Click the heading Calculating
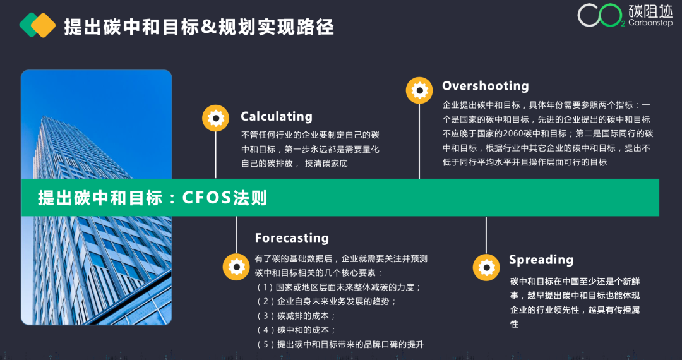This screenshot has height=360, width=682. (x=277, y=116)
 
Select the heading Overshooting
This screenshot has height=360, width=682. (x=486, y=86)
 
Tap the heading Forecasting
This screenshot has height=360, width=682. (x=292, y=238)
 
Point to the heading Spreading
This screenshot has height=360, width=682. (x=541, y=260)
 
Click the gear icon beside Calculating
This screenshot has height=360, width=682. (x=216, y=118)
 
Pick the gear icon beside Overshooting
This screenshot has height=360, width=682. (x=419, y=90)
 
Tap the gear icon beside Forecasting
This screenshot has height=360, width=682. (x=236, y=266)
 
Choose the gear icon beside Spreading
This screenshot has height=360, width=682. (x=486, y=267)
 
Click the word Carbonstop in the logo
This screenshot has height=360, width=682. (x=651, y=23)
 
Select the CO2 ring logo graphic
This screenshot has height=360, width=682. (x=602, y=16)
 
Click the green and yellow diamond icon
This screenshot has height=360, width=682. (x=37, y=25)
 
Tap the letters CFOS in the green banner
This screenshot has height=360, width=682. (x=211, y=198)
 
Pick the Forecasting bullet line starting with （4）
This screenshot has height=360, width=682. (x=297, y=330)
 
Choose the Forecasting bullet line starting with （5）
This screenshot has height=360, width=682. (x=340, y=344)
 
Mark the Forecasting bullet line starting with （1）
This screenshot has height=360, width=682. (x=339, y=287)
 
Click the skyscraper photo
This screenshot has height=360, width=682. (x=97, y=198)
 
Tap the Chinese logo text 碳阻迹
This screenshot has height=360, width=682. (x=651, y=11)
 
